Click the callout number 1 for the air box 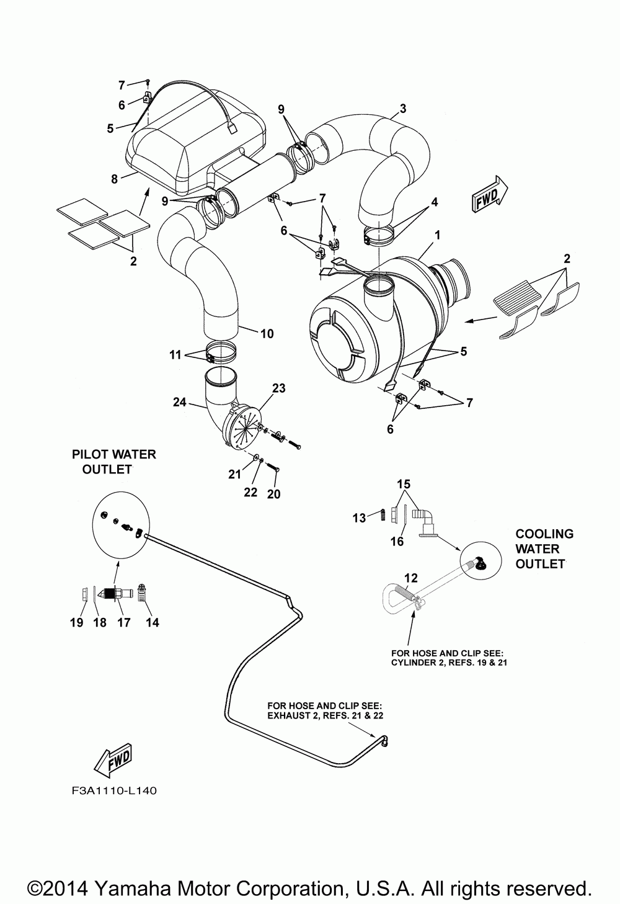[x=437, y=235]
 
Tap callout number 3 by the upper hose [x=402, y=109]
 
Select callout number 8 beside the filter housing [x=115, y=179]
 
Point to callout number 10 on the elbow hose [x=267, y=334]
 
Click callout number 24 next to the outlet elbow [x=180, y=402]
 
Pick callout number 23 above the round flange [x=279, y=388]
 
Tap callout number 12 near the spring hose [x=411, y=578]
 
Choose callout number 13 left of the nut [x=359, y=518]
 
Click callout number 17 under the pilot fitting [x=124, y=623]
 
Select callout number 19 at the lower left [x=77, y=623]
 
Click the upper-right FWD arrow [x=490, y=194]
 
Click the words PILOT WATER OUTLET [x=113, y=462]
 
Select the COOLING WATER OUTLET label [x=544, y=549]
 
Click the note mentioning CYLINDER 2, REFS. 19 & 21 [x=449, y=658]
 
